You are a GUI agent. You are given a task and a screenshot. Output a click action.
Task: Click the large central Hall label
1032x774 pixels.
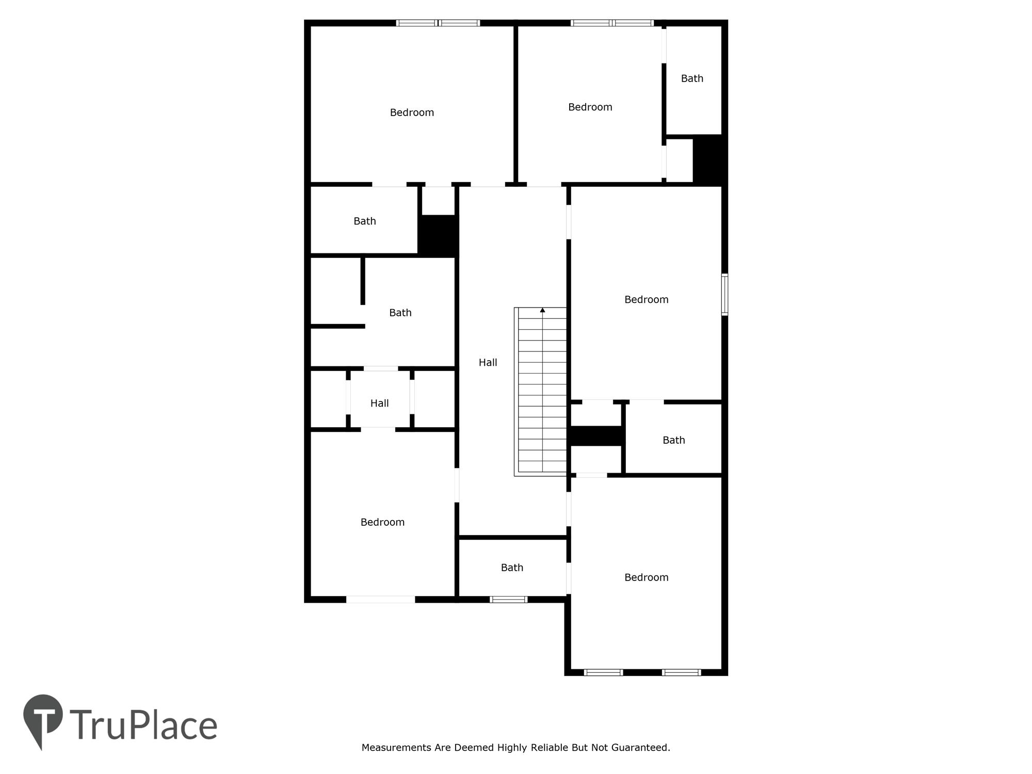tap(488, 363)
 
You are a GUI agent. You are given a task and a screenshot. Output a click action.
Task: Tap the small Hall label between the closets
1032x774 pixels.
tap(379, 404)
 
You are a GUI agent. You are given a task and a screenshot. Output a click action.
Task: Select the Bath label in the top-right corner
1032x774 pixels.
tap(692, 78)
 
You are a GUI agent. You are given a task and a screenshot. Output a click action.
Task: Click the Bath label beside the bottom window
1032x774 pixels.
tap(512, 568)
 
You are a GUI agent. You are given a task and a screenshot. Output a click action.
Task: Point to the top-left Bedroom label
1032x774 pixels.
tap(412, 112)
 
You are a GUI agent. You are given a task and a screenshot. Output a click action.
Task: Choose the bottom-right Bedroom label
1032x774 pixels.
tap(646, 577)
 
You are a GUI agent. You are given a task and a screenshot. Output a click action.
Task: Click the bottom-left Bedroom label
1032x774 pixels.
tap(382, 522)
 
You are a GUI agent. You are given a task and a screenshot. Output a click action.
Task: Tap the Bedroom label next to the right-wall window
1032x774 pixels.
tap(646, 300)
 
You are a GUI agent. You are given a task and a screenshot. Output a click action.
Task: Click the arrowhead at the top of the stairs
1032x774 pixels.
tap(542, 310)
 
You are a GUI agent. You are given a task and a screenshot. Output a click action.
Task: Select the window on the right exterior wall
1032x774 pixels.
tap(724, 295)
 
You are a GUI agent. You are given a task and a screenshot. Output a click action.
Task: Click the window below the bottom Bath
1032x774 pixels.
tap(508, 600)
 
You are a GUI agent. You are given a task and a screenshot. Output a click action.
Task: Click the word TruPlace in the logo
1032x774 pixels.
tap(143, 725)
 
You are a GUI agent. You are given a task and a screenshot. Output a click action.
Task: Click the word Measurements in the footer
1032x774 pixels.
tap(397, 747)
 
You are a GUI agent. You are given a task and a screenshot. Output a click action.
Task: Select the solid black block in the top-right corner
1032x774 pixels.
tap(709, 160)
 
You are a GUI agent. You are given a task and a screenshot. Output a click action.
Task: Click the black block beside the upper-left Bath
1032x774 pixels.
tap(438, 235)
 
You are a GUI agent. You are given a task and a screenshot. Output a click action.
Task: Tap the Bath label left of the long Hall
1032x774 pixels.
tap(400, 313)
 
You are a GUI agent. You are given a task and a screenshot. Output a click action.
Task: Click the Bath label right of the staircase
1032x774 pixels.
tap(673, 440)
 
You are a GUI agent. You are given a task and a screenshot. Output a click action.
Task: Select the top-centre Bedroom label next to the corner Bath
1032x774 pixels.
tap(590, 107)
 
